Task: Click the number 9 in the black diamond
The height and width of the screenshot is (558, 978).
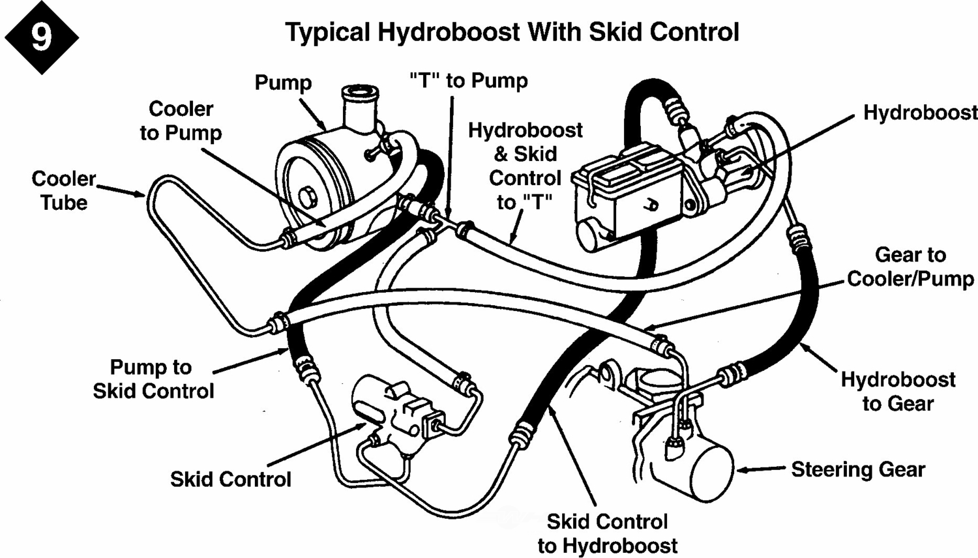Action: tap(41, 37)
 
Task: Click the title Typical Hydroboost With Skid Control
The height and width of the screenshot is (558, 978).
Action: tap(512, 32)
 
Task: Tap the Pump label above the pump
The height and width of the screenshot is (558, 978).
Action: tap(283, 83)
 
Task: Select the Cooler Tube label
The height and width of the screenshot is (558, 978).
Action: tap(63, 190)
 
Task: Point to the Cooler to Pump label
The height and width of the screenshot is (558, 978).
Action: tap(181, 121)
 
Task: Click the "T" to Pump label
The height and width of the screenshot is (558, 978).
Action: tap(469, 81)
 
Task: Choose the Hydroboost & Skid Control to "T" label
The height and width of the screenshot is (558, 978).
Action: tap(525, 166)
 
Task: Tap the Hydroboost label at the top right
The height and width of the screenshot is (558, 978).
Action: tap(920, 113)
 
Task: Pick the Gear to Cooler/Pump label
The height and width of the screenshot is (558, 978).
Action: tap(910, 267)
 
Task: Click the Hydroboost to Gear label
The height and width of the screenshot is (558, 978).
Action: tap(898, 391)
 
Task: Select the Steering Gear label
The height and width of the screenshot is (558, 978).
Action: tap(857, 469)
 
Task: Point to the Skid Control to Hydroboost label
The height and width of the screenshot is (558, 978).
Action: tap(607, 533)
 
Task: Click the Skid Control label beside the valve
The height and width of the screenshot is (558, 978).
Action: tap(230, 480)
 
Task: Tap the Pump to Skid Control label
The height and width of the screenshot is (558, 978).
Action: tap(153, 379)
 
